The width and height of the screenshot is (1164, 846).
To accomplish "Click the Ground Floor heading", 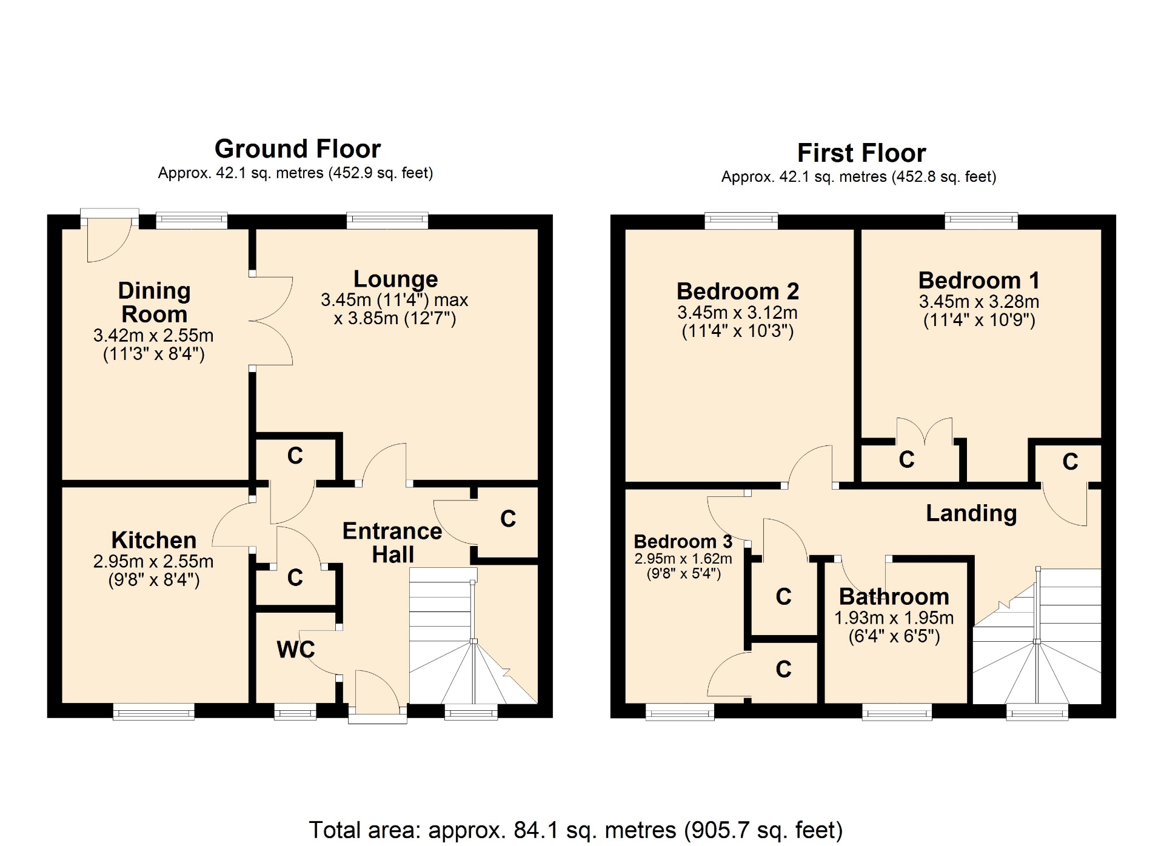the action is click(x=298, y=149).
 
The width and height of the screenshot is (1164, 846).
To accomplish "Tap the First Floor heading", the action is click(x=861, y=153).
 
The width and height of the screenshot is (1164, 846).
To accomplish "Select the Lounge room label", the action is click(x=396, y=279).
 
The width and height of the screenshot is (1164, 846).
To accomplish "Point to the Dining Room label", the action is click(x=155, y=302).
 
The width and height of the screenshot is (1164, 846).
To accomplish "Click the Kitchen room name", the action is click(x=154, y=540).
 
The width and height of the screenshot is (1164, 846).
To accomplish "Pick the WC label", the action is click(x=296, y=650).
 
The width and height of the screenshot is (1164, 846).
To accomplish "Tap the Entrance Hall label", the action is click(x=392, y=542).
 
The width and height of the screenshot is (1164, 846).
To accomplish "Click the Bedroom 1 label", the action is click(x=979, y=281).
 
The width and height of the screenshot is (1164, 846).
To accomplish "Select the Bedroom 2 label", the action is click(x=738, y=291).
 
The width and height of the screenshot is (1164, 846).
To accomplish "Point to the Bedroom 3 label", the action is click(x=683, y=541).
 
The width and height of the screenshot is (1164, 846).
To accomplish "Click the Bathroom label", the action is click(x=894, y=597).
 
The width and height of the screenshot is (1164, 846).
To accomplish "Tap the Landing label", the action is click(x=971, y=513).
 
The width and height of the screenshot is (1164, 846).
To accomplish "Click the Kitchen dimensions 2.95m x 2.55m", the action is click(x=153, y=562).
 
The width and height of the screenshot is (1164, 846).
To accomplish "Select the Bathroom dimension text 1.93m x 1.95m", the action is click(x=894, y=618).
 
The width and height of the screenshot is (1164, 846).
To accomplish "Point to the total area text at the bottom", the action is click(x=576, y=830).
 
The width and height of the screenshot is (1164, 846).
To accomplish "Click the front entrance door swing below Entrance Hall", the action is click(x=377, y=689).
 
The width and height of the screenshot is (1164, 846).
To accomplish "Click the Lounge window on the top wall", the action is click(x=387, y=221).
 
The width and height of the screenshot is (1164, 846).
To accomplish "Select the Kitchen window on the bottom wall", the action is click(x=154, y=712).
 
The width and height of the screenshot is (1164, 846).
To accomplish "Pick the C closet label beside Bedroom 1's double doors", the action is click(x=906, y=460).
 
